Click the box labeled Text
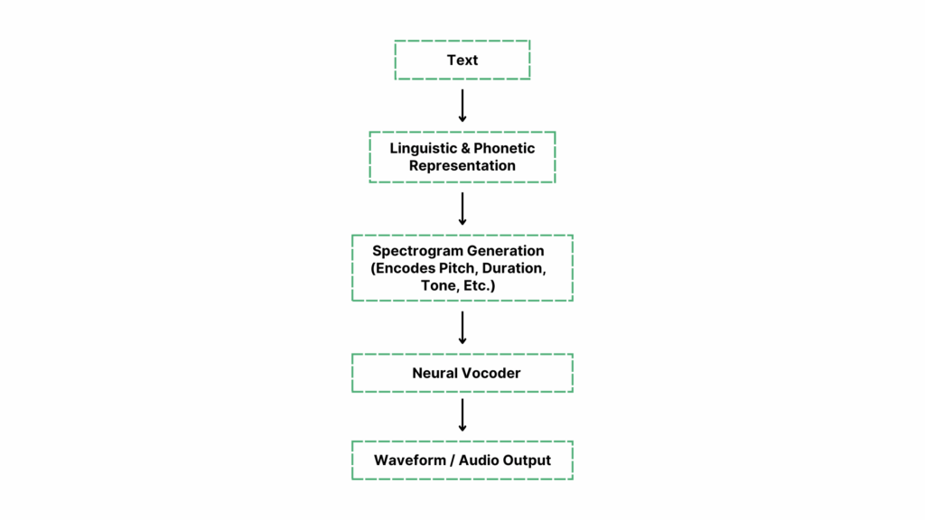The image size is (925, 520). click(x=462, y=60)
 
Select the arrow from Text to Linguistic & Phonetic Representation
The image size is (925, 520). click(x=462, y=105)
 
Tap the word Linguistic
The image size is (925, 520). click(x=424, y=148)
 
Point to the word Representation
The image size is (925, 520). click(x=462, y=166)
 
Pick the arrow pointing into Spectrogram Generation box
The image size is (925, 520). click(x=462, y=209)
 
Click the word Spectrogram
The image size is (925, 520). click(x=416, y=250)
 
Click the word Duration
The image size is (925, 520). click(x=515, y=268)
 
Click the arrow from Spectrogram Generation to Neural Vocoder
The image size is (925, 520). click(x=462, y=328)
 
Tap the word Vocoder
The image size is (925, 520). click(x=491, y=373)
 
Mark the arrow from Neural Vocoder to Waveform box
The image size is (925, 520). click(x=462, y=415)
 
